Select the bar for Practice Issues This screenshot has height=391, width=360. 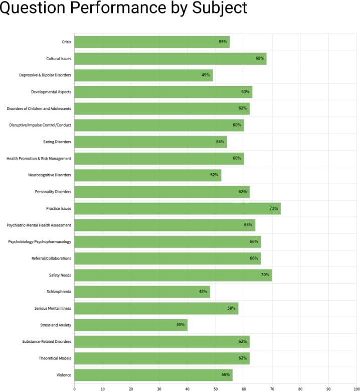177,208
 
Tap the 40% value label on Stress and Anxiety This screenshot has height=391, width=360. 180,325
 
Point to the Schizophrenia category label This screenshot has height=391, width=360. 59,292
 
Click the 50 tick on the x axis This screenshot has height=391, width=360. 216,387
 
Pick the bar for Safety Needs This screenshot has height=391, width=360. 173,275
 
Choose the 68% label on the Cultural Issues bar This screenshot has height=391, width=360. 260,59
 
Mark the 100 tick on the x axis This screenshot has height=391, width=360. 356,387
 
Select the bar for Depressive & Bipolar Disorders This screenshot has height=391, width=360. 143,75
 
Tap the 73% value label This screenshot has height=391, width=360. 274,208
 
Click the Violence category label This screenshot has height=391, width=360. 63,375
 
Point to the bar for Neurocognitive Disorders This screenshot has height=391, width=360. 147,175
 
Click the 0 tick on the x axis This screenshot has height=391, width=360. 74,387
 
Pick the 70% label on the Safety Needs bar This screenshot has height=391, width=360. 265,275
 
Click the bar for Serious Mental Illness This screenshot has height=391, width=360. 156,308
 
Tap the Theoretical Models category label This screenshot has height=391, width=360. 55,358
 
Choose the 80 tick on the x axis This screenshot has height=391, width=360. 300,387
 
